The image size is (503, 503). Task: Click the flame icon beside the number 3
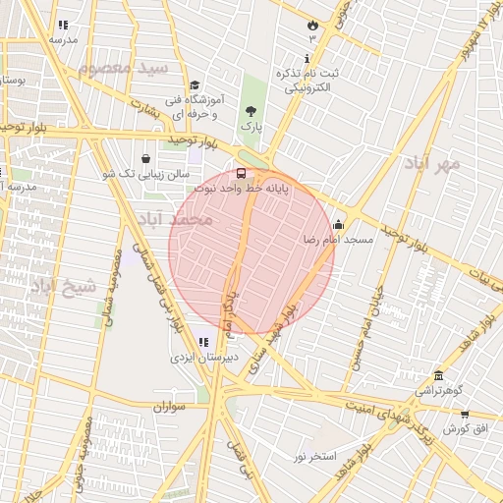pos(312,24)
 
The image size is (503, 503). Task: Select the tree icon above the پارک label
pos(251,111)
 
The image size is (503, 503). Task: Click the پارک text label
pos(251,127)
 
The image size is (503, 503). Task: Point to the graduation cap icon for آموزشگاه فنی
pos(195,86)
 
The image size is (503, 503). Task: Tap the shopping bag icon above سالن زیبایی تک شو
pos(145,158)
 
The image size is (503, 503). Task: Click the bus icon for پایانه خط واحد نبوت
pos(242,173)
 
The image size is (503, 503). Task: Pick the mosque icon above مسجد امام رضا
pos(339,224)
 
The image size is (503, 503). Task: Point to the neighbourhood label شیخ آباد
pos(65,286)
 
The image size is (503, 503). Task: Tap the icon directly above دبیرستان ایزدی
pos(203,342)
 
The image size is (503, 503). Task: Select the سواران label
pos(169,405)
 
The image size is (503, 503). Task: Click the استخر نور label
pos(315,457)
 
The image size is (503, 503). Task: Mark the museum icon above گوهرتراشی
pos(437,375)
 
